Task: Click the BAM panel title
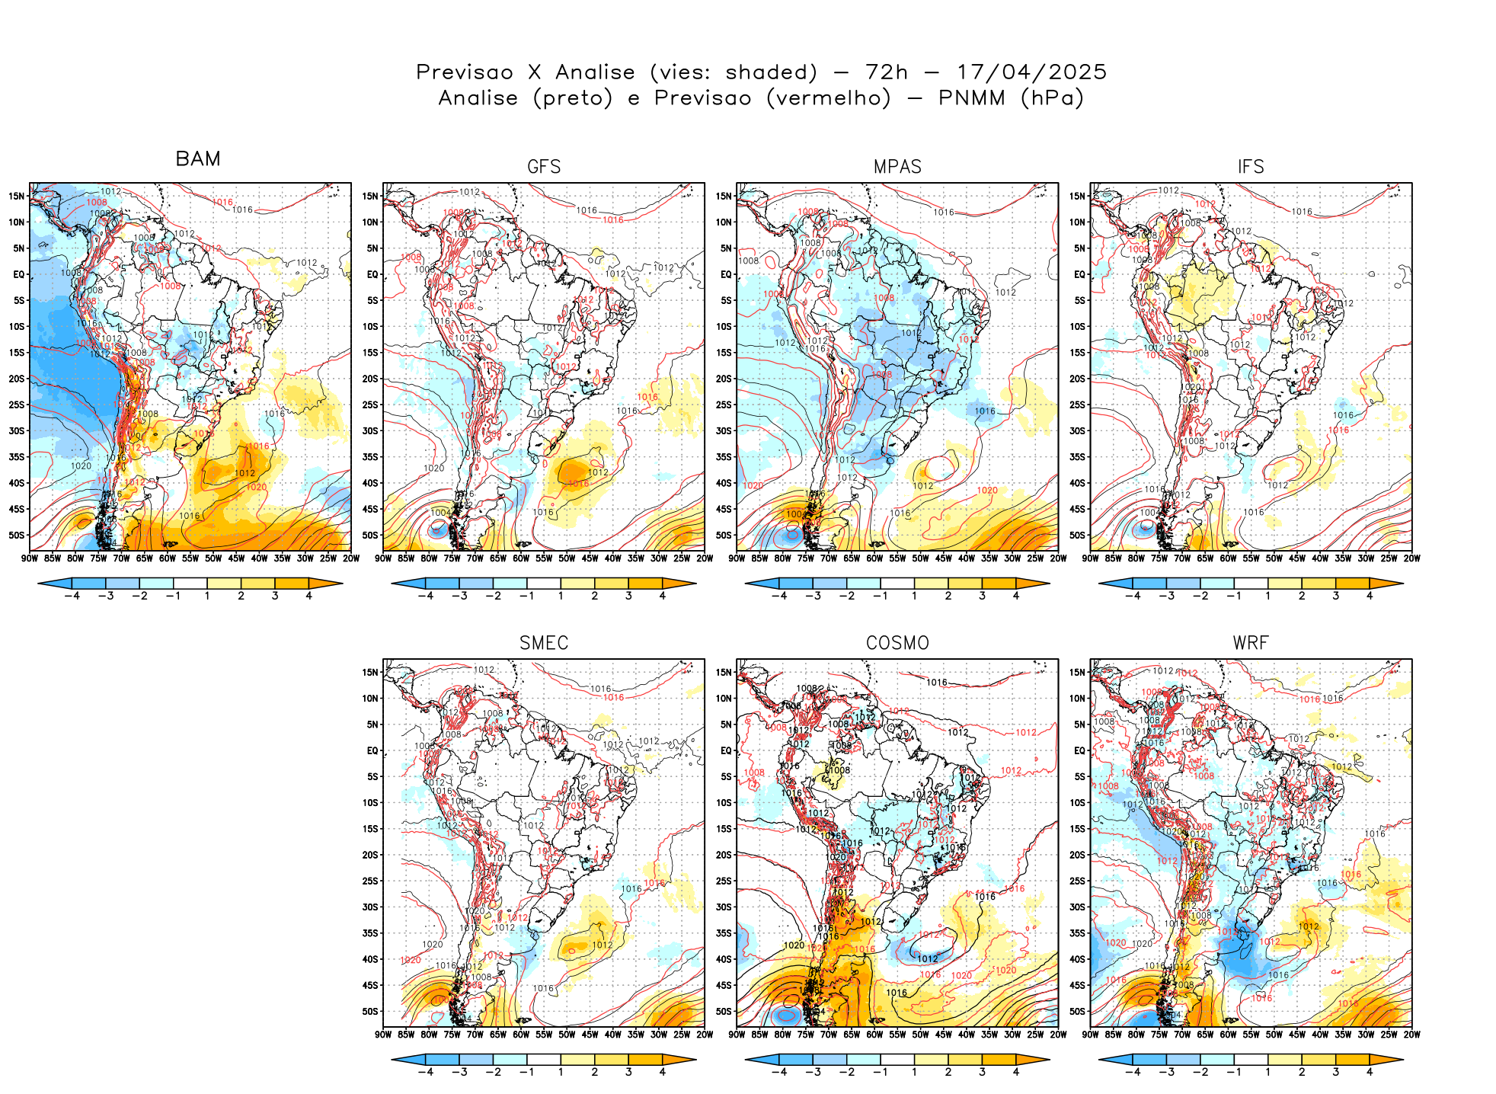tap(198, 158)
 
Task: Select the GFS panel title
tap(544, 167)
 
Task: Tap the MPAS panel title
tap(897, 167)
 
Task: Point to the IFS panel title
tap(1251, 167)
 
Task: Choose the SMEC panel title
tap(544, 643)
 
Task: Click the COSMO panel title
tap(897, 643)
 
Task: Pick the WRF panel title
tap(1251, 643)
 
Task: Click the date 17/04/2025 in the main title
tap(1031, 72)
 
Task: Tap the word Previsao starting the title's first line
tap(465, 72)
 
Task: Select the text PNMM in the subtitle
tap(971, 98)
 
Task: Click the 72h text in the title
tap(887, 72)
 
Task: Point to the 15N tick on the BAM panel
tap(17, 196)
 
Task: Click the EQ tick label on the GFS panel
tap(372, 274)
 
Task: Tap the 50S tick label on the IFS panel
tap(1077, 535)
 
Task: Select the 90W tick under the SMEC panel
tap(383, 1035)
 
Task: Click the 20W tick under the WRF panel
tap(1411, 1035)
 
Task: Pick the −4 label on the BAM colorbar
tap(72, 596)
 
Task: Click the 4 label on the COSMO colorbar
tap(1016, 1072)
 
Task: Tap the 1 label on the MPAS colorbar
tap(914, 596)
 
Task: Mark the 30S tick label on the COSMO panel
tap(724, 907)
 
